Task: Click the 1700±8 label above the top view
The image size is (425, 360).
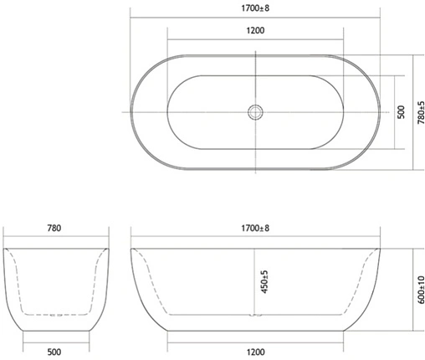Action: (254, 9)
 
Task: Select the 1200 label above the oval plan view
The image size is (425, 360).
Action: (255, 31)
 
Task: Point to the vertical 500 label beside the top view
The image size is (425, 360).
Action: (401, 111)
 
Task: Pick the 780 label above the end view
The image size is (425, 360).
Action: (55, 228)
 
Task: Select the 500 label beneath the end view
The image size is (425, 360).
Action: (55, 352)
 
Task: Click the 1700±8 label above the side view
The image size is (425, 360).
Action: (255, 228)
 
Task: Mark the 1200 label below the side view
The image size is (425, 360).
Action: (255, 352)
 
